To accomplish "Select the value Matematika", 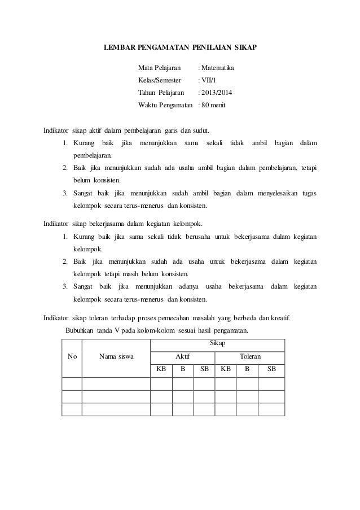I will point(217,68).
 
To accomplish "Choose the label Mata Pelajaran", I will point(161,68).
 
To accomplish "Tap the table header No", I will point(72,356).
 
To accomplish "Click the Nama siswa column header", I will point(117,356).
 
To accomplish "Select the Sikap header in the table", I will point(217,343).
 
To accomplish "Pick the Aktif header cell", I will point(182,356).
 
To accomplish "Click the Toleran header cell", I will point(250,356).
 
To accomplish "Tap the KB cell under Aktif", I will point(161,370).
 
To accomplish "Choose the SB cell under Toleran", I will point(271,370).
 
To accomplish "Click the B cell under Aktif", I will point(182,370).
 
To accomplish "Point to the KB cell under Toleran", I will point(226,370).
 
